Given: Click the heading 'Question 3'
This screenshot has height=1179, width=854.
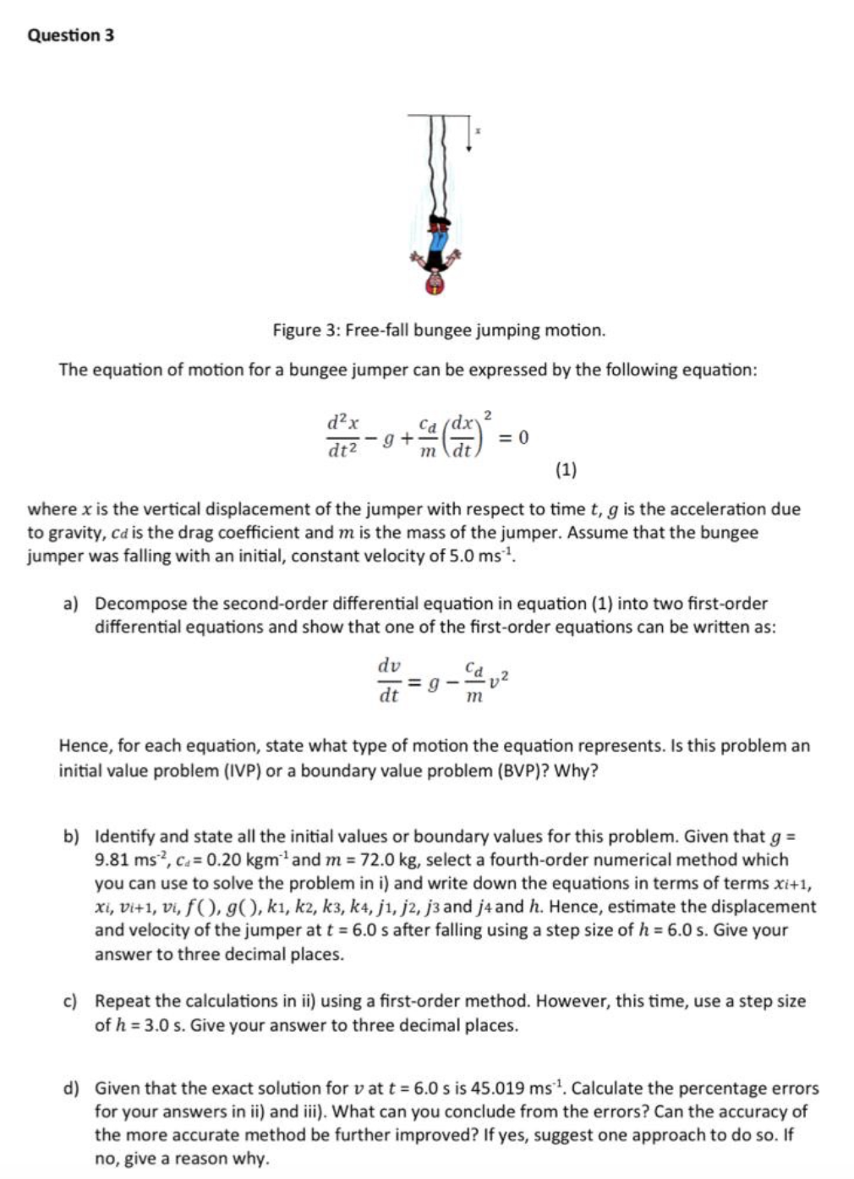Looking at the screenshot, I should coord(71,36).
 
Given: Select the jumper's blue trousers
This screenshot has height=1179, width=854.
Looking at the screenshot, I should coord(437,245).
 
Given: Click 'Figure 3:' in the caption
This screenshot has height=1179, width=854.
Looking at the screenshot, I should coord(304,330).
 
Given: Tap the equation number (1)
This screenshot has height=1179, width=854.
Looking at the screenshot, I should coord(566,469).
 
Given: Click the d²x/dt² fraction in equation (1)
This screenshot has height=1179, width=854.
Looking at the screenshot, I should coord(343,436).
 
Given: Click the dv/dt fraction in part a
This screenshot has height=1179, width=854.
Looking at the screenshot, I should coord(389,682).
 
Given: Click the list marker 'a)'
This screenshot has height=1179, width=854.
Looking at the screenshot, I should coord(71,604).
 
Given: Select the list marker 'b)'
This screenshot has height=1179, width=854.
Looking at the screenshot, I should coord(71,837).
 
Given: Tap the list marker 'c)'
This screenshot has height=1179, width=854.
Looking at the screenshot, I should coord(71,1001).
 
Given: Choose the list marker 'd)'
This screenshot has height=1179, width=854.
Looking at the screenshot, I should coord(71,1089).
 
